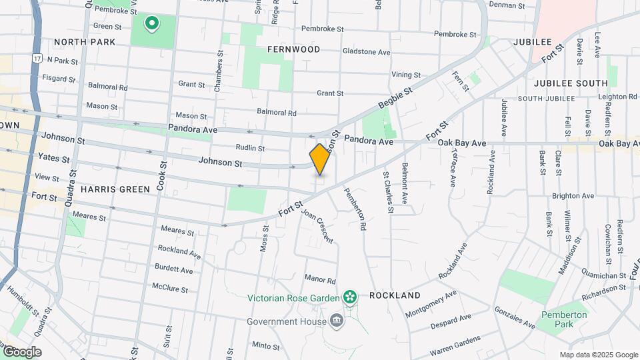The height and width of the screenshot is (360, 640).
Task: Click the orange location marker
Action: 320,159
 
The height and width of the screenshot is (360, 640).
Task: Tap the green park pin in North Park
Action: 152,25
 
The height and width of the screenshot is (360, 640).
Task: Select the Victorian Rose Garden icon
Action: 349,296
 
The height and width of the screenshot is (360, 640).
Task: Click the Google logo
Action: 21,351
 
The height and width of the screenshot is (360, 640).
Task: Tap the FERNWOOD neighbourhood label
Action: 293,49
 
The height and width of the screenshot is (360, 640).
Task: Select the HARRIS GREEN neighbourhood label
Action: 115,189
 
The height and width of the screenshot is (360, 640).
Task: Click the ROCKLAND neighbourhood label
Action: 395,295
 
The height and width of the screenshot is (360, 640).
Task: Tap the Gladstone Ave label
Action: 366,51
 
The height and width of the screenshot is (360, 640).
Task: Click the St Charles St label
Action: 387,192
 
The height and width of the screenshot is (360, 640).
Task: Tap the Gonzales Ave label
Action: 514,318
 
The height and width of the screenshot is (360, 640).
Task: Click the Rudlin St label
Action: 250,148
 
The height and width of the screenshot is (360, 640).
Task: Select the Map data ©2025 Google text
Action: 598,355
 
